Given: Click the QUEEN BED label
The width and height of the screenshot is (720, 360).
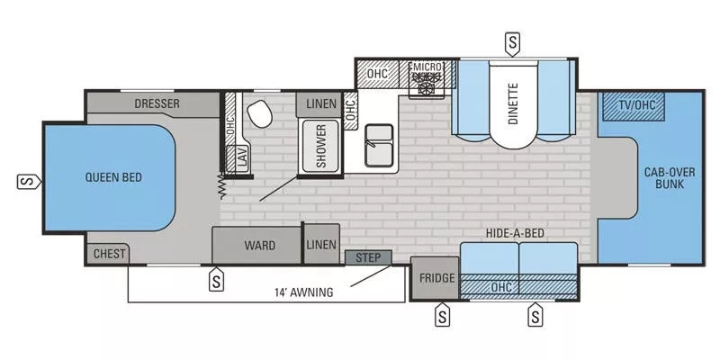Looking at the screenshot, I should click(114, 177).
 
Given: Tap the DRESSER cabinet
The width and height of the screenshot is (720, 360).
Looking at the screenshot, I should click(157, 103).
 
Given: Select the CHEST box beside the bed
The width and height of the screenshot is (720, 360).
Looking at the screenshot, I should click(109, 254).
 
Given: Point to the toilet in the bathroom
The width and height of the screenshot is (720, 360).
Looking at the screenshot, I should click(261, 114).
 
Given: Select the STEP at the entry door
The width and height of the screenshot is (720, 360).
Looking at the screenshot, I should click(368, 258).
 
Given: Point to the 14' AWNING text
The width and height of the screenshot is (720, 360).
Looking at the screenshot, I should click(304, 292).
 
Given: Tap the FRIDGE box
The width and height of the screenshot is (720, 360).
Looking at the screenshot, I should click(435, 278).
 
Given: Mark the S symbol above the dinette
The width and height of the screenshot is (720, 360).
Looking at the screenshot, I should click(512, 41).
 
